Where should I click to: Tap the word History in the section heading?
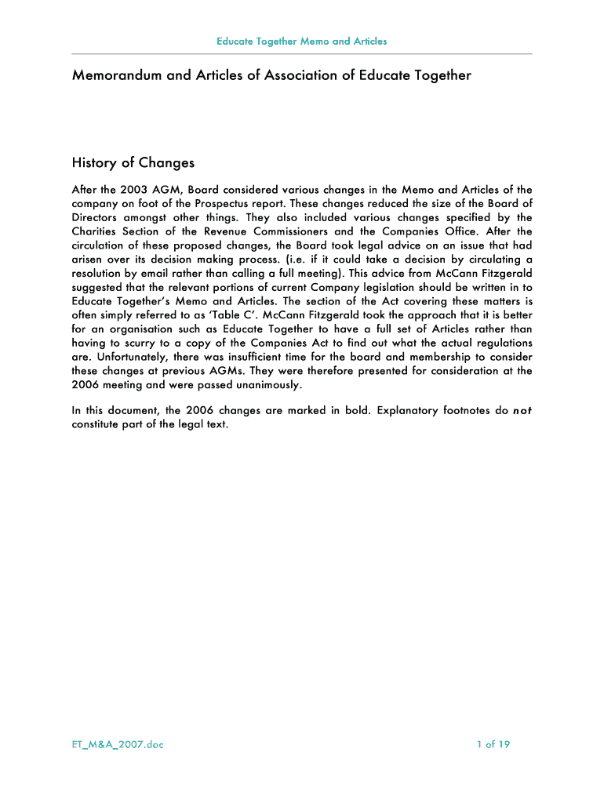click(x=93, y=163)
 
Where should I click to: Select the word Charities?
click(x=97, y=231)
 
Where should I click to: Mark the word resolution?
click(x=99, y=273)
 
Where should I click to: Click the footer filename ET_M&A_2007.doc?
click(x=117, y=744)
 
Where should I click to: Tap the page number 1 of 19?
click(x=493, y=744)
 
